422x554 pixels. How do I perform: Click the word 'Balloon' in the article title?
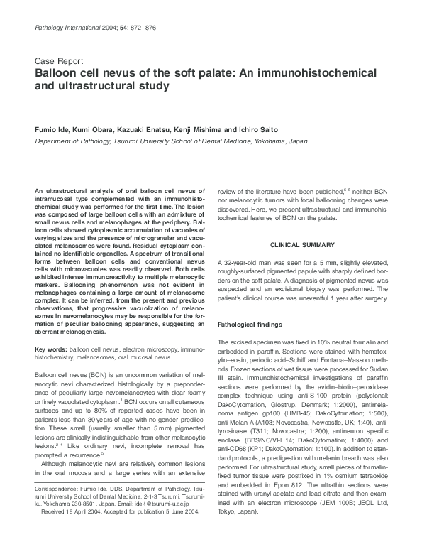56,74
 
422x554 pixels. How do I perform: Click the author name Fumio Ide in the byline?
52,130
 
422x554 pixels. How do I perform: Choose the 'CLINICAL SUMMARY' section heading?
302,245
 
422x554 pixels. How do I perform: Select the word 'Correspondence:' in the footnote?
59,489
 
